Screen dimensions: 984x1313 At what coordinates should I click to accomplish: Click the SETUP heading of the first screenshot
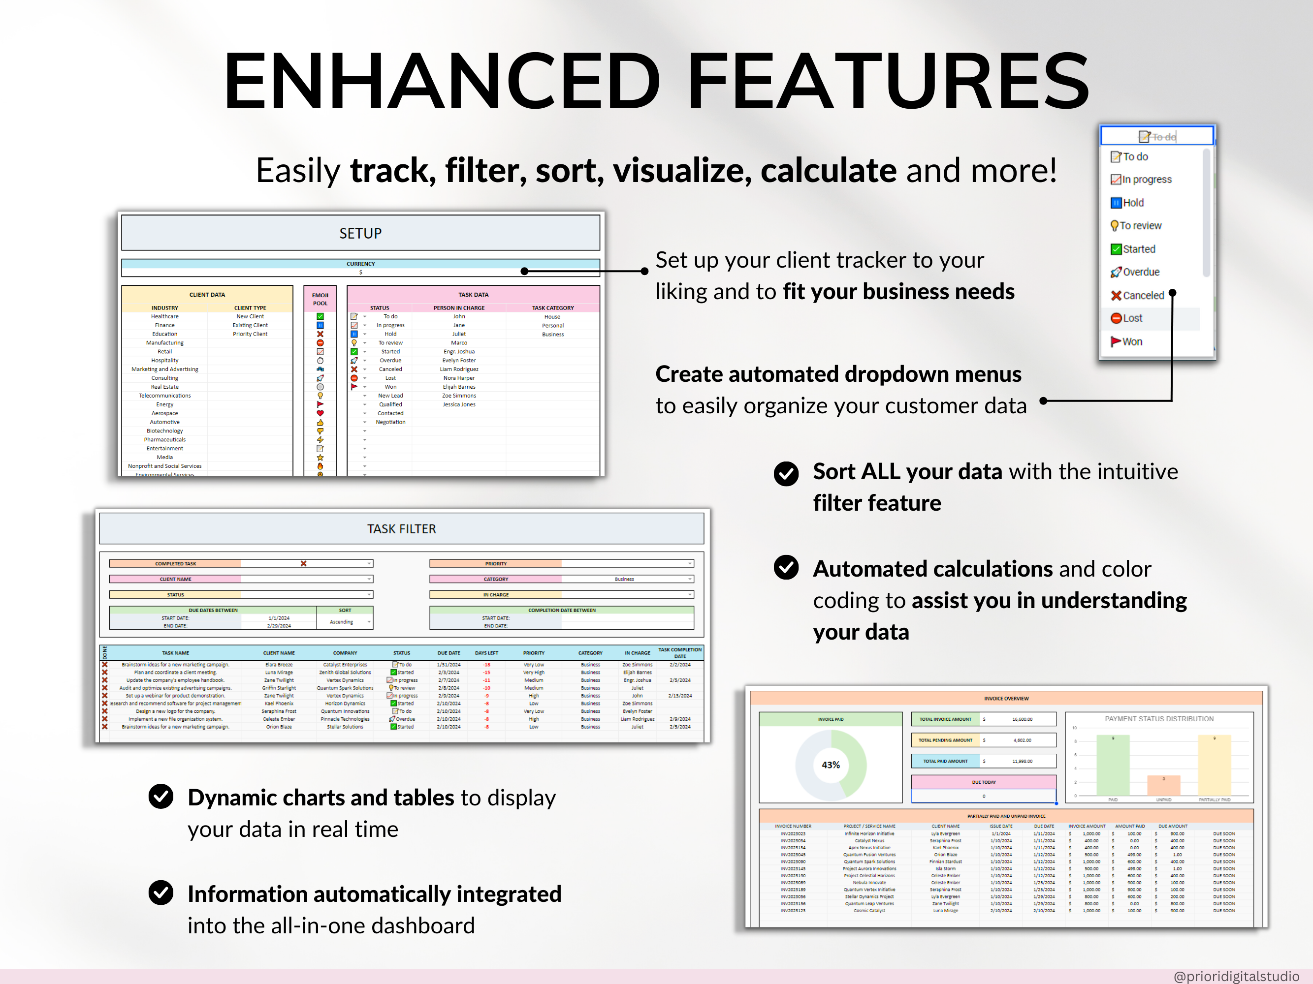(x=360, y=233)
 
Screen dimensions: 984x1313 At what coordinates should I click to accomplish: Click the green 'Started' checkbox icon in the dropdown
(x=1116, y=249)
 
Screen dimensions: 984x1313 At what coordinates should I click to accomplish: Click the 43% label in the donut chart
(x=831, y=765)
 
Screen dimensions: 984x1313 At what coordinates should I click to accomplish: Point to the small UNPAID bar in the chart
(x=1163, y=785)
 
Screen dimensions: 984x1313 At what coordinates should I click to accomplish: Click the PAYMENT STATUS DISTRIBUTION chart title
(x=1159, y=719)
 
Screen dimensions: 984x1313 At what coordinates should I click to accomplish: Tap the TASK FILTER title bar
(x=401, y=528)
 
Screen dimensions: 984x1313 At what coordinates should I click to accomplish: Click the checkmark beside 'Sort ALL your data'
(x=786, y=474)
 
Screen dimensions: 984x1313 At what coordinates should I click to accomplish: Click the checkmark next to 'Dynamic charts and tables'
(x=161, y=797)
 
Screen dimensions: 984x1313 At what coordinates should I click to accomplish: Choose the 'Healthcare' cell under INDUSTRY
(x=164, y=317)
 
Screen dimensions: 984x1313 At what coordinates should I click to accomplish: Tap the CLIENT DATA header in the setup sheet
(x=207, y=295)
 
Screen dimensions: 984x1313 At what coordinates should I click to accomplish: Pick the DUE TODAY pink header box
(x=984, y=782)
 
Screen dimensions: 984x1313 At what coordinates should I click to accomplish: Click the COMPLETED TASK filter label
(x=175, y=563)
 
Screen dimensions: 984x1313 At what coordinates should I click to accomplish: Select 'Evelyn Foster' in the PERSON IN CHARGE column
(x=459, y=361)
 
